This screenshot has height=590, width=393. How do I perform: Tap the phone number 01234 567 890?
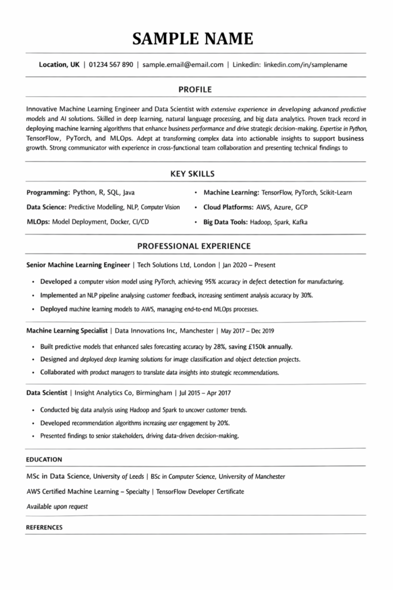(112, 65)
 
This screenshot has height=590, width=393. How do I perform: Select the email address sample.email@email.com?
(183, 65)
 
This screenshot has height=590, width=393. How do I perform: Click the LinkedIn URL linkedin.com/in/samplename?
(306, 65)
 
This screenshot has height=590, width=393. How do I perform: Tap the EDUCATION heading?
(44, 459)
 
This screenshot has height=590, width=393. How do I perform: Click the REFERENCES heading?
(44, 527)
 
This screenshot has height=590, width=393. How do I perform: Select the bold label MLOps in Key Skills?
(39, 222)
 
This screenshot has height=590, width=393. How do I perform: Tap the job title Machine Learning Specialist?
(67, 331)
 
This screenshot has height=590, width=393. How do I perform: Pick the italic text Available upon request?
(57, 506)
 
